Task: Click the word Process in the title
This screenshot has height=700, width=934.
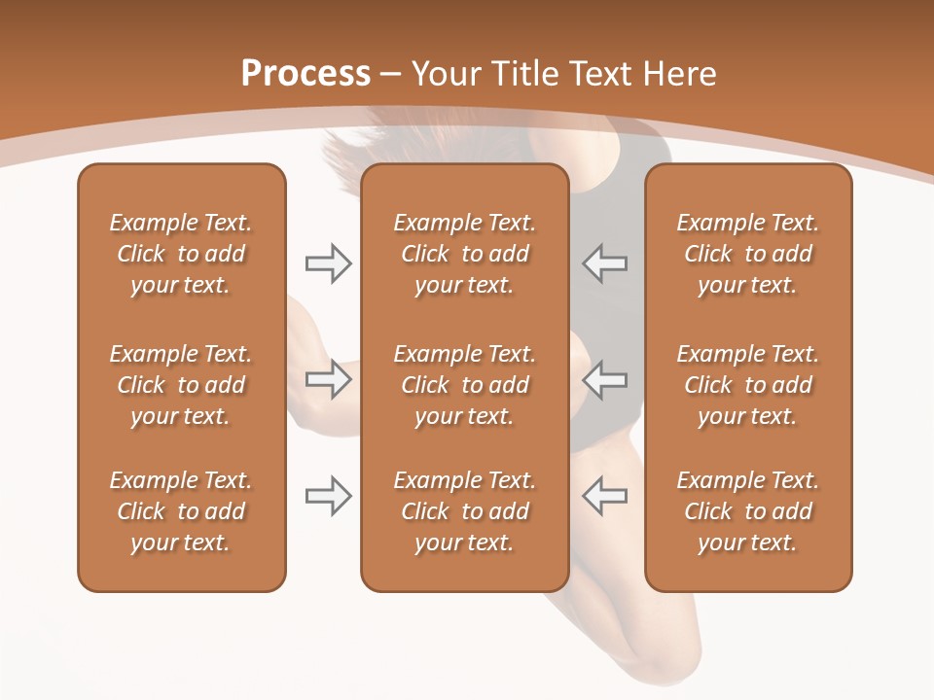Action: click(x=305, y=74)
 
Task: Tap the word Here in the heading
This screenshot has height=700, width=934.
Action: click(x=679, y=74)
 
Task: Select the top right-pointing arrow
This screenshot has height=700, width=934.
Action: click(x=329, y=263)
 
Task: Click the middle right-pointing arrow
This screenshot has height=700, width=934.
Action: click(x=329, y=379)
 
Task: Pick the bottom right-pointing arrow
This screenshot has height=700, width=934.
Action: click(x=329, y=496)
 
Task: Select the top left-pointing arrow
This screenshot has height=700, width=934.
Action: click(x=604, y=263)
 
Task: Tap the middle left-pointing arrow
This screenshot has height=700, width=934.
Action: click(x=604, y=379)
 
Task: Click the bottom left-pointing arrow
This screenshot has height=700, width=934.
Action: click(x=604, y=496)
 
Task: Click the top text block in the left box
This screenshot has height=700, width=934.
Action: click(x=181, y=254)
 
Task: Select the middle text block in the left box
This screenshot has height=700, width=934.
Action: click(x=181, y=385)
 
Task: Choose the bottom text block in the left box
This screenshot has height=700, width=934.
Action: click(x=181, y=511)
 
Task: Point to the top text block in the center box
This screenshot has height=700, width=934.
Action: click(x=464, y=254)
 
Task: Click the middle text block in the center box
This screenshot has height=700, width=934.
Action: click(x=464, y=385)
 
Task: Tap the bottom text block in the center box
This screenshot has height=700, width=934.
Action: click(x=464, y=511)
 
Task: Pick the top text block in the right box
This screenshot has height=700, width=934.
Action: click(x=748, y=254)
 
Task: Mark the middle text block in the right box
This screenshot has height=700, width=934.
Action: click(x=748, y=385)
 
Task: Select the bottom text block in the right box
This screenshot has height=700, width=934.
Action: click(x=748, y=511)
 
